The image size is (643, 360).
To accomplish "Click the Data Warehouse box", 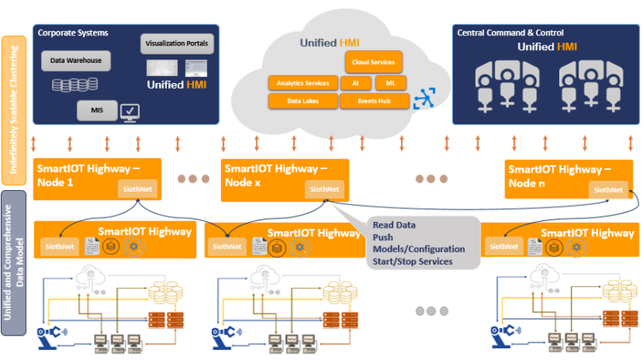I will click(x=76, y=60).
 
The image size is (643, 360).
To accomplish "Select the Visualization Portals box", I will click(x=177, y=43).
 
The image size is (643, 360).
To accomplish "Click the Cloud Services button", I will click(x=373, y=61).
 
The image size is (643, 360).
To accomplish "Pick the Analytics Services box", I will click(x=303, y=83).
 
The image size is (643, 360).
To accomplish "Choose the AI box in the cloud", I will click(x=355, y=83).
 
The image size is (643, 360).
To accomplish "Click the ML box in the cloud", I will click(x=390, y=83).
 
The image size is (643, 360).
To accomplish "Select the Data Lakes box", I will click(x=302, y=101).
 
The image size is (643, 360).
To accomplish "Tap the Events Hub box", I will click(x=374, y=101).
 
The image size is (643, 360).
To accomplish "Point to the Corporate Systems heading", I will click(x=72, y=32).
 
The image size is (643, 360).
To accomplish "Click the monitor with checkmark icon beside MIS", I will click(x=131, y=111).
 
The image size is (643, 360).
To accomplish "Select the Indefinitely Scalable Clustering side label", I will click(x=13, y=109).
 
